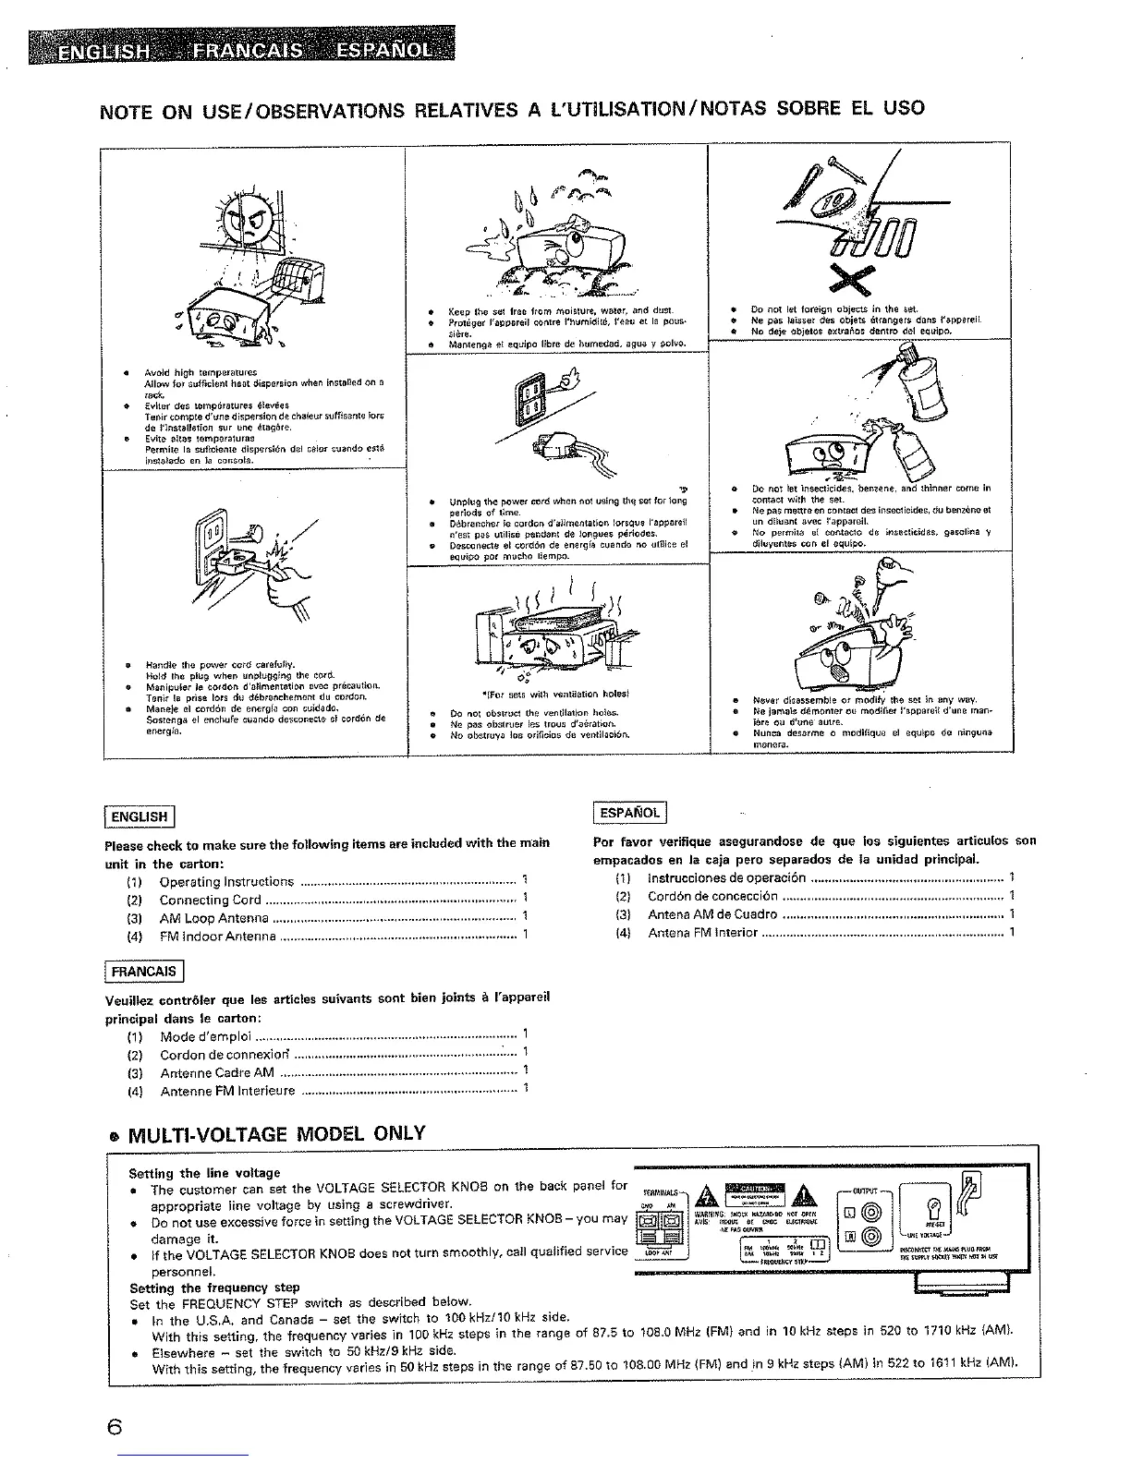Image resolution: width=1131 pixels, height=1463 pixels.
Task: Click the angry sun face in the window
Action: pos(245,222)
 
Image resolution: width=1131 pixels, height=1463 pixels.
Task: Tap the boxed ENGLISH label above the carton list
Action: pos(140,816)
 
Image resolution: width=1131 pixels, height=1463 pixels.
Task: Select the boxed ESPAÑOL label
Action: pos(629,813)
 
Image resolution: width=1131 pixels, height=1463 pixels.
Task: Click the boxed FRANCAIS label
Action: pos(144,972)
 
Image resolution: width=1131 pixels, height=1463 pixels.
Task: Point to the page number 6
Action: pos(114,1427)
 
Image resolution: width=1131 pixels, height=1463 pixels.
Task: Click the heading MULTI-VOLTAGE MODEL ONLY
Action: pos(274,1133)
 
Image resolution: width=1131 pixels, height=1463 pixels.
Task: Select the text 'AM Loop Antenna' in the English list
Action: pos(214,918)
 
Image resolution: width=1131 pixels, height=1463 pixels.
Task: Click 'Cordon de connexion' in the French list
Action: pos(225,1055)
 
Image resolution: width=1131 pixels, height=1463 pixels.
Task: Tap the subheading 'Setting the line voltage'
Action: pos(204,1173)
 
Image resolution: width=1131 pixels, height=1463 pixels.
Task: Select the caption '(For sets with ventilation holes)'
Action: pos(554,694)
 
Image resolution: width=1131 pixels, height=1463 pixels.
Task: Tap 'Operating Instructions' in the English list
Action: pos(226,882)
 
